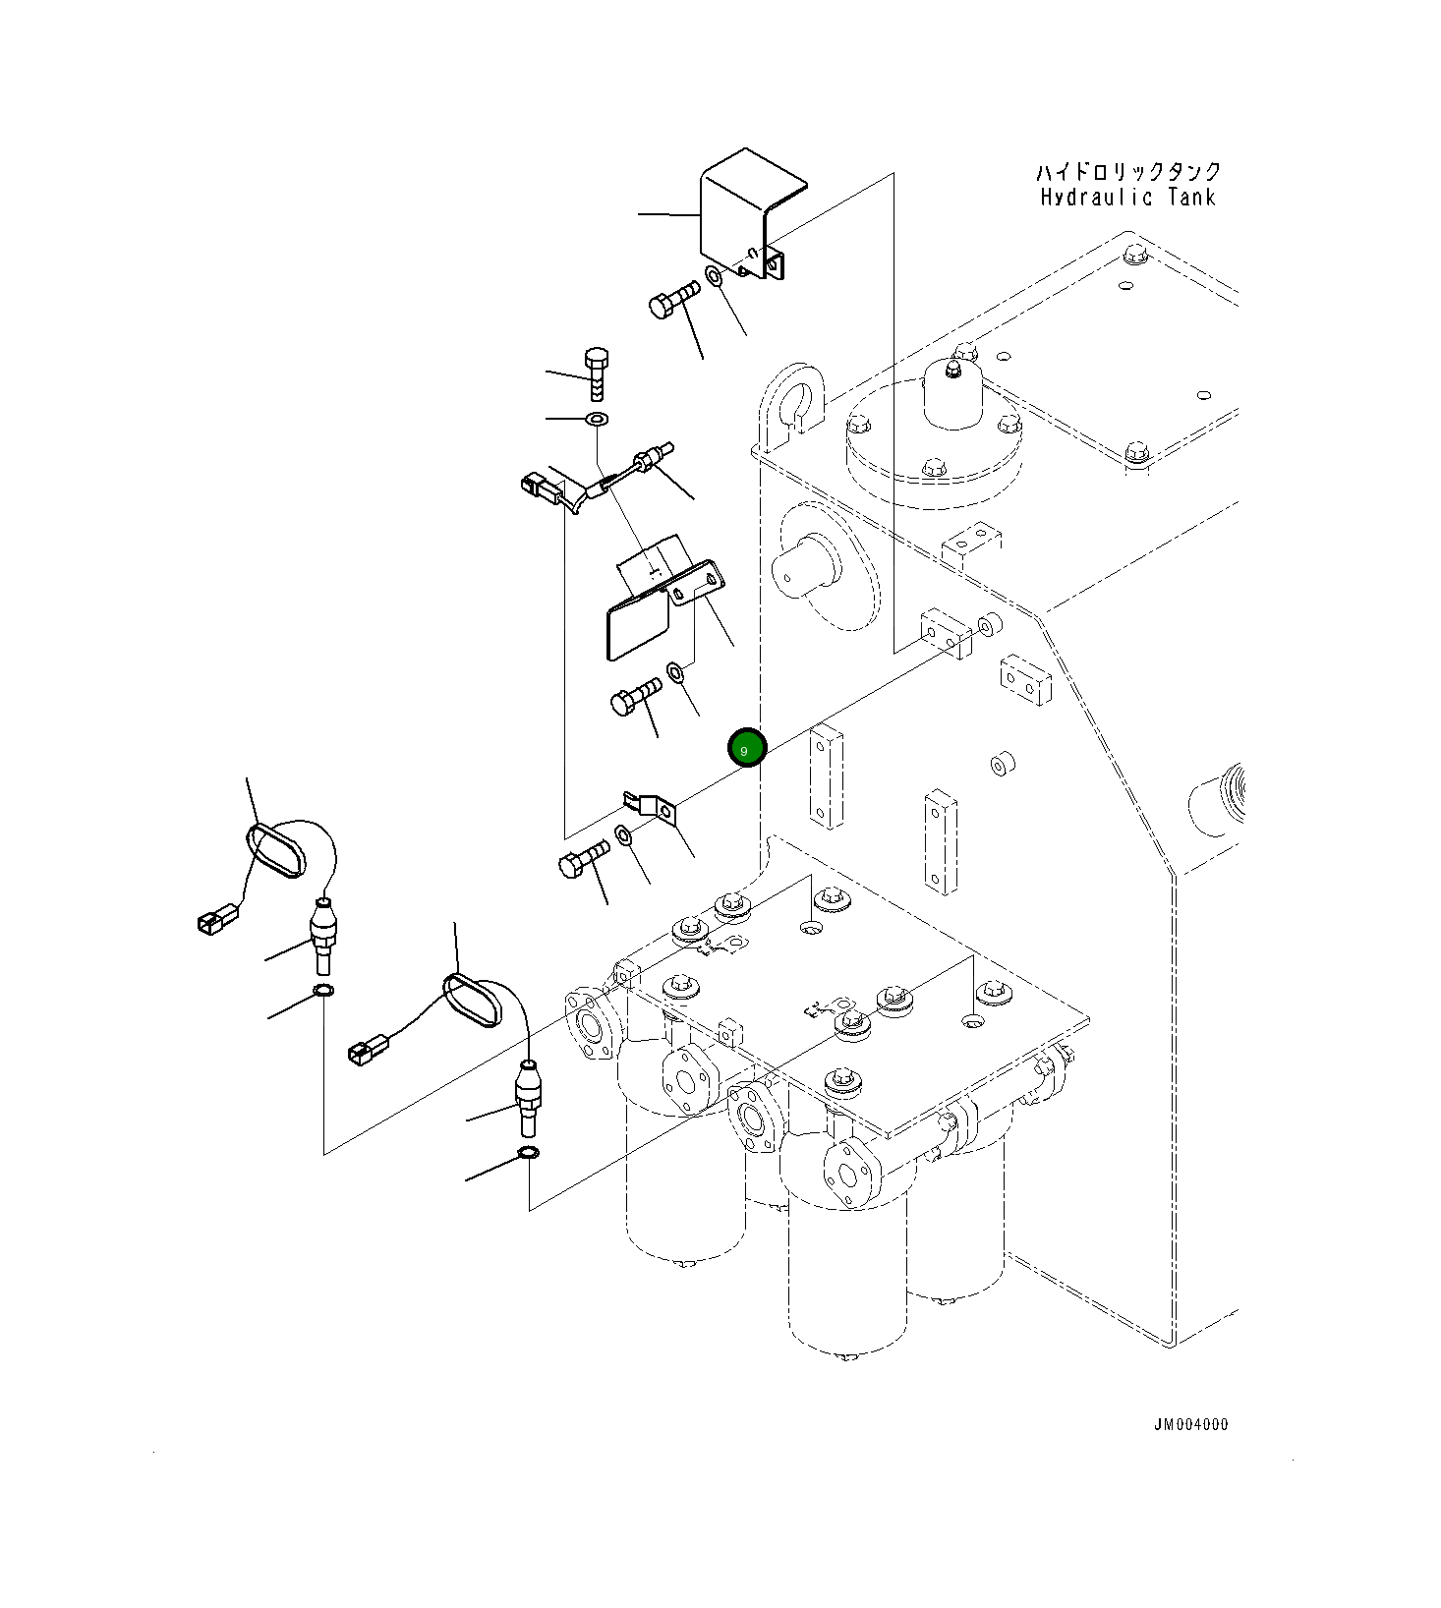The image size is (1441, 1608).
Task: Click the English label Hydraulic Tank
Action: pos(1128,198)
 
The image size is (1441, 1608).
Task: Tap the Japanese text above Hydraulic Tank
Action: pos(1128,172)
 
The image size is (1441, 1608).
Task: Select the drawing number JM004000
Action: pos(1190,1424)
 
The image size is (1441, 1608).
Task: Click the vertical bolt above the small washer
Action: pos(597,374)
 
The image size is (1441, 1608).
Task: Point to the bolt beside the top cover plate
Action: pos(674,299)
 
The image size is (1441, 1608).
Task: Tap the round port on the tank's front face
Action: pos(802,563)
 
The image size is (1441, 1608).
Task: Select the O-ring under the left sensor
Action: pos(321,990)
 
